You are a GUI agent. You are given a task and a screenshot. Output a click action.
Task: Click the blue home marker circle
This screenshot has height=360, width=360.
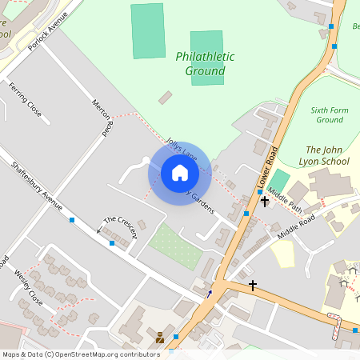tap(180, 173)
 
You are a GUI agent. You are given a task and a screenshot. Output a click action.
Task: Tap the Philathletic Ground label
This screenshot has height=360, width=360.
tap(205, 64)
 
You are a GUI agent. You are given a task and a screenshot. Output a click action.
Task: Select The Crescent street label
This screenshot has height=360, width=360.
tap(121, 226)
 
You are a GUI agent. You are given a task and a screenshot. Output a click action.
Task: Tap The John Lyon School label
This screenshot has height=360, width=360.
tap(326, 155)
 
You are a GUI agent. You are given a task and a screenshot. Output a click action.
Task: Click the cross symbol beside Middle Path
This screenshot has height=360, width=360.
tap(265, 202)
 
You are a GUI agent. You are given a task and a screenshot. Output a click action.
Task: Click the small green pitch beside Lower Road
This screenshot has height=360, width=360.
tap(279, 181)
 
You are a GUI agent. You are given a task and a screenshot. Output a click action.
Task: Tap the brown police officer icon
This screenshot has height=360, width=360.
tap(160, 338)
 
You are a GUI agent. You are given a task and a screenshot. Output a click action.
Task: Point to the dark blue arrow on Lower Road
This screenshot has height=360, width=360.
tap(210, 294)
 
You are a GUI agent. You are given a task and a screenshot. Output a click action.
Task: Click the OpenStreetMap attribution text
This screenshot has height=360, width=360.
tap(80, 354)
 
